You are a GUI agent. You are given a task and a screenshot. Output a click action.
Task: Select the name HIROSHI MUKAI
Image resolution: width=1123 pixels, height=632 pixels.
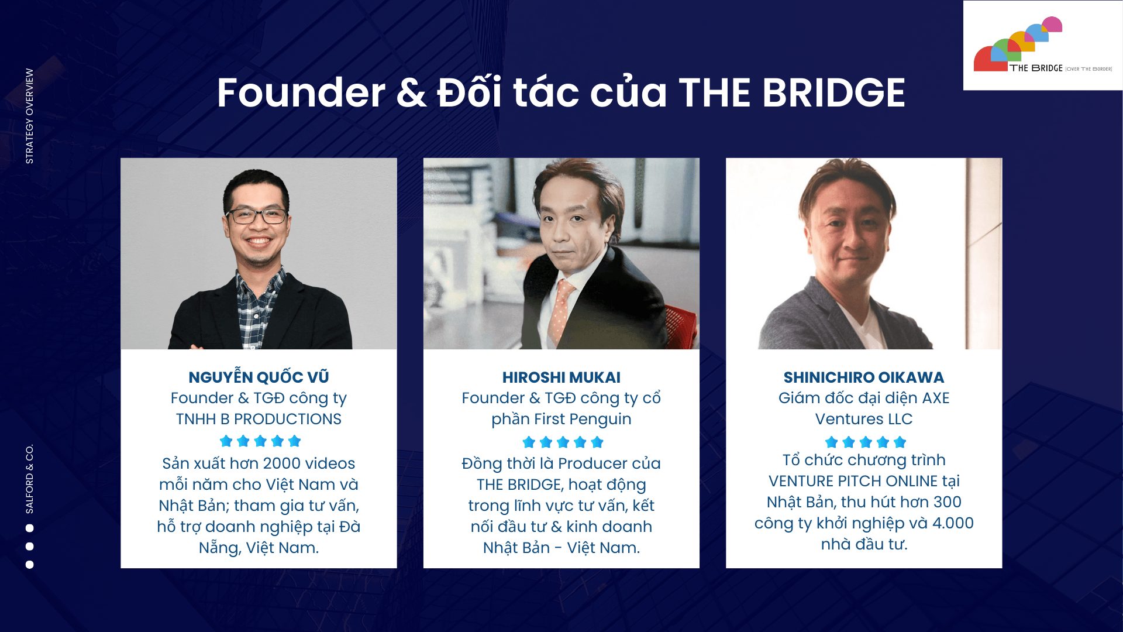pyautogui.click(x=561, y=377)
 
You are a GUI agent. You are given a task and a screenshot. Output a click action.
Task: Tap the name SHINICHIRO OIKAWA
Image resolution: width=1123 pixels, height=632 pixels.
pyautogui.click(x=864, y=377)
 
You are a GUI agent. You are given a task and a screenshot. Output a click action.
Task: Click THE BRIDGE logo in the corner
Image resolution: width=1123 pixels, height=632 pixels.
pyautogui.click(x=1043, y=45)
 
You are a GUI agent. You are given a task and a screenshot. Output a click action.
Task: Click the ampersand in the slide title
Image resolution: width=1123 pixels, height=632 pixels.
pyautogui.click(x=411, y=93)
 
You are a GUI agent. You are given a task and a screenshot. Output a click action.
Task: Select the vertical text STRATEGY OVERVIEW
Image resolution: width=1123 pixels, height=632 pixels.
pyautogui.click(x=29, y=116)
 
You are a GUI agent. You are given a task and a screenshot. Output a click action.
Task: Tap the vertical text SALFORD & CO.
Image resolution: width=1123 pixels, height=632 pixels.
pyautogui.click(x=29, y=479)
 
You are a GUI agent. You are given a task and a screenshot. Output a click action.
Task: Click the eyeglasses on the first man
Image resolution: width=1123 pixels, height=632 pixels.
pyautogui.click(x=258, y=216)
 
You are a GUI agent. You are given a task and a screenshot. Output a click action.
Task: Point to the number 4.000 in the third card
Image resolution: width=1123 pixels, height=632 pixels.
pyautogui.click(x=953, y=523)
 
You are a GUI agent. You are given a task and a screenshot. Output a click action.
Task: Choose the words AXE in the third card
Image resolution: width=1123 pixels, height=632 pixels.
pyautogui.click(x=936, y=398)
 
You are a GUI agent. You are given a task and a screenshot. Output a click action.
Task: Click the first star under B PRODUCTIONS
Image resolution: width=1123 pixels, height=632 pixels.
pyautogui.click(x=226, y=441)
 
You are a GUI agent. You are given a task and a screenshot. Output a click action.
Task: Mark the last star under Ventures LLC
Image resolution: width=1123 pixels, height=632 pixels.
pyautogui.click(x=900, y=442)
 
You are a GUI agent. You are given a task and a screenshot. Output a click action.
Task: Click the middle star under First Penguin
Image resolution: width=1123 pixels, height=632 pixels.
pyautogui.click(x=563, y=442)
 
